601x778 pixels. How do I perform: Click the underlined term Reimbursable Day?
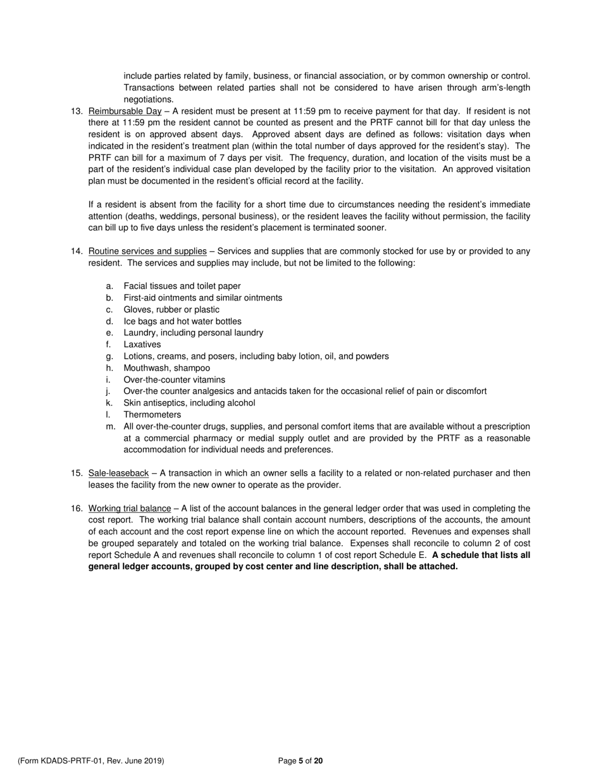pyautogui.click(x=125, y=111)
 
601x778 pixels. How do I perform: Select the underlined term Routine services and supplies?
pyautogui.click(x=147, y=251)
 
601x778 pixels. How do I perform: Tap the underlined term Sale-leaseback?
pyautogui.click(x=118, y=473)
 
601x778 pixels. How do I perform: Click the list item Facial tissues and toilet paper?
pyautogui.click(x=182, y=286)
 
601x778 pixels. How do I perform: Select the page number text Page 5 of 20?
pyautogui.click(x=300, y=761)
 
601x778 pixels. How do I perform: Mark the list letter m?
pyautogui.click(x=111, y=426)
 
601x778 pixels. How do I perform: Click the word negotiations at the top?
pyautogui.click(x=148, y=99)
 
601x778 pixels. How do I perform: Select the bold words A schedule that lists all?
pyautogui.click(x=481, y=555)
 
